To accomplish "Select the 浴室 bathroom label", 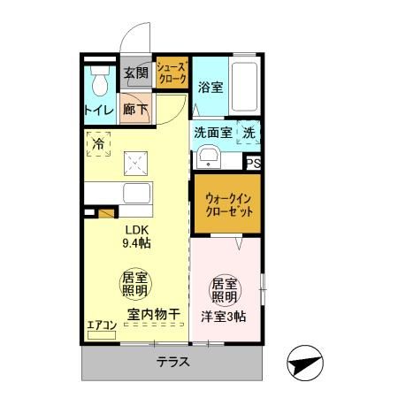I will [x=210, y=88].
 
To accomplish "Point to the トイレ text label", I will [x=98, y=111].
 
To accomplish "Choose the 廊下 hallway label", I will [x=136, y=111].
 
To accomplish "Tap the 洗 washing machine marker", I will [x=249, y=133].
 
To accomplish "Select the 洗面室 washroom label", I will [x=212, y=133].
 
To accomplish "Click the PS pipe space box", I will [x=253, y=163].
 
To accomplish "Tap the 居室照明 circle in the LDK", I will [x=135, y=284].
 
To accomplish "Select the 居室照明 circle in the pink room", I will [x=224, y=290].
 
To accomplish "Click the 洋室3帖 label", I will [x=224, y=318].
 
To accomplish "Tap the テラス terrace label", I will [x=172, y=363].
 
